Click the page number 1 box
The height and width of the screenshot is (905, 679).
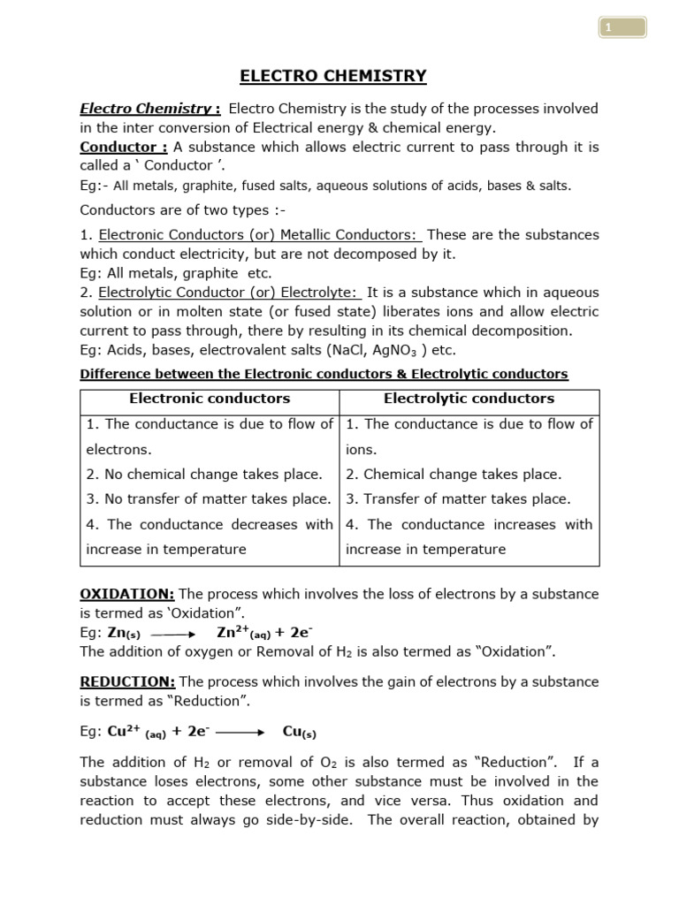(x=622, y=28)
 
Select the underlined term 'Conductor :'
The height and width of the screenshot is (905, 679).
(x=124, y=147)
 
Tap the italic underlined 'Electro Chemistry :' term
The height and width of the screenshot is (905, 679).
(x=150, y=109)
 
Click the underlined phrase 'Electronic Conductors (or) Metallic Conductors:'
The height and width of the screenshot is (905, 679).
(x=261, y=235)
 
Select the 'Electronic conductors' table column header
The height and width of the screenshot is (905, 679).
(x=210, y=399)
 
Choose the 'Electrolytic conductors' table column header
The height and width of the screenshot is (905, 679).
(x=469, y=399)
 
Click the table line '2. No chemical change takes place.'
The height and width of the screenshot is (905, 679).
(x=204, y=475)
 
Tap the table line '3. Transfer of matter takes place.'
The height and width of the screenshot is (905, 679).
(x=458, y=499)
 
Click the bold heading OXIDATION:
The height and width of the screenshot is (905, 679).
(x=127, y=594)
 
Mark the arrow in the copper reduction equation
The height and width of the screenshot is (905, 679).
(x=240, y=732)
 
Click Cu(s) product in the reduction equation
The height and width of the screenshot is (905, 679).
(x=299, y=732)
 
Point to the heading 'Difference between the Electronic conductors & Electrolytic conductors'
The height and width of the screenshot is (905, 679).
(x=324, y=374)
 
